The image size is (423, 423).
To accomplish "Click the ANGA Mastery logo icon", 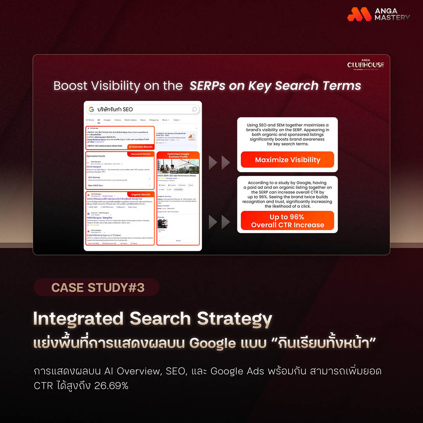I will coord(359,14).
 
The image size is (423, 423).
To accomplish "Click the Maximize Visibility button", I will coord(287,160).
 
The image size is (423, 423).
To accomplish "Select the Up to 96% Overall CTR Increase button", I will coord(287,221).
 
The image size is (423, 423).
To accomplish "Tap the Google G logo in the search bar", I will coord(91,109).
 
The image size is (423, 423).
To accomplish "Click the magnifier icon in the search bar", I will coord(194,109).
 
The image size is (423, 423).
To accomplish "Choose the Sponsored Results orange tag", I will coord(140,154).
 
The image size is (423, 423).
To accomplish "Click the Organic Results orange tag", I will coord(140,194).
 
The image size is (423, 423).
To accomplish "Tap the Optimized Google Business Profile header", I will coord(178,155).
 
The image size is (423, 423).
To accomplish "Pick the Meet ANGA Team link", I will coord(96,185).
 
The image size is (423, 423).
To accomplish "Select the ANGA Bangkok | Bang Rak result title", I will coord(102,217).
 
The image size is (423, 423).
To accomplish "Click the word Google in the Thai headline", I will coord(212,343).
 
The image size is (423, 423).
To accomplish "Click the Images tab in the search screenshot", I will coord(107,120).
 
